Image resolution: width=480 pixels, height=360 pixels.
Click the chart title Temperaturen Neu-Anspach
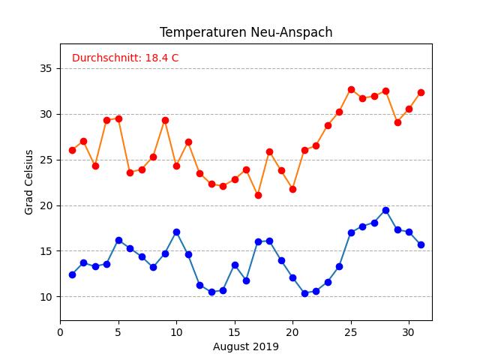pos(246,33)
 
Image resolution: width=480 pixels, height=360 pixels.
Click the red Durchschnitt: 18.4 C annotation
pos(125,58)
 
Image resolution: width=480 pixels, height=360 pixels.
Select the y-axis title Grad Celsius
pos(29,182)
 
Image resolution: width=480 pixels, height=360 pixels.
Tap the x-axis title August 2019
pos(246,346)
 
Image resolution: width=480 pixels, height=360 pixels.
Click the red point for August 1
pos(72,150)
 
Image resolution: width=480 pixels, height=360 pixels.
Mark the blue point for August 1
pos(72,274)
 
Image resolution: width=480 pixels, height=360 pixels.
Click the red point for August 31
pos(421,92)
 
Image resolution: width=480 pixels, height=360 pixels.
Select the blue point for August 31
pos(421,244)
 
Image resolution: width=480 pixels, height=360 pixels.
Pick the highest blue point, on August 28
pos(385,210)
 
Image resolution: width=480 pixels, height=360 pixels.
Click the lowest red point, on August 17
pos(258,195)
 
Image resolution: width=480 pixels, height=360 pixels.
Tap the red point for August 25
pos(351,89)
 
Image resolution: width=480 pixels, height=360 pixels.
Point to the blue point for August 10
pos(176,232)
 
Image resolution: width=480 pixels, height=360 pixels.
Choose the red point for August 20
pos(292,189)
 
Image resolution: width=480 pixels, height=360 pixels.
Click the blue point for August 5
pos(118,240)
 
